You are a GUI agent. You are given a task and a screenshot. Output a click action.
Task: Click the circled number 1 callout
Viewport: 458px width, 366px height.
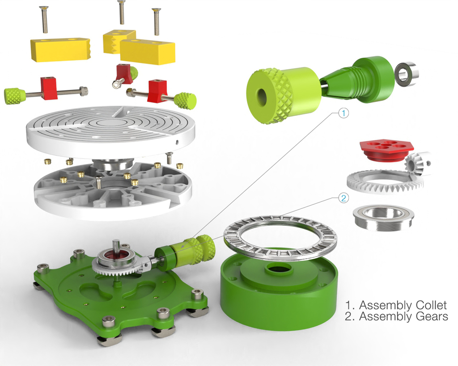pyautogui.click(x=343, y=114)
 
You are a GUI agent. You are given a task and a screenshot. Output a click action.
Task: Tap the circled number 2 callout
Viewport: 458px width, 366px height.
pyautogui.click(x=343, y=198)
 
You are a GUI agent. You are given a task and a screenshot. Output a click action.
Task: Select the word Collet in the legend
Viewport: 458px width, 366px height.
pyautogui.click(x=430, y=306)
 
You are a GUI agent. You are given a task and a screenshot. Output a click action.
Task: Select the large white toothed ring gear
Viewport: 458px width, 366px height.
pyautogui.click(x=382, y=181)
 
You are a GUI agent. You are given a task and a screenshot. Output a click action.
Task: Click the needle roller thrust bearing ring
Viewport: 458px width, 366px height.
pyautogui.click(x=280, y=236)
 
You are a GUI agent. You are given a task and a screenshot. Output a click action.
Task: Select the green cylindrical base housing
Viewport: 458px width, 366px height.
pyautogui.click(x=279, y=290)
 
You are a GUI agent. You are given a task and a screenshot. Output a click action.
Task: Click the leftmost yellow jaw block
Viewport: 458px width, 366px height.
pyautogui.click(x=60, y=49)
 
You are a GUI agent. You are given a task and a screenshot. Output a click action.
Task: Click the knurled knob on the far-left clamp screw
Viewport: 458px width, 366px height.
pyautogui.click(x=14, y=96)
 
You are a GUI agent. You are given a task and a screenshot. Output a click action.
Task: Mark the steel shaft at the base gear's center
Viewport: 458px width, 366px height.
pyautogui.click(x=116, y=246)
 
